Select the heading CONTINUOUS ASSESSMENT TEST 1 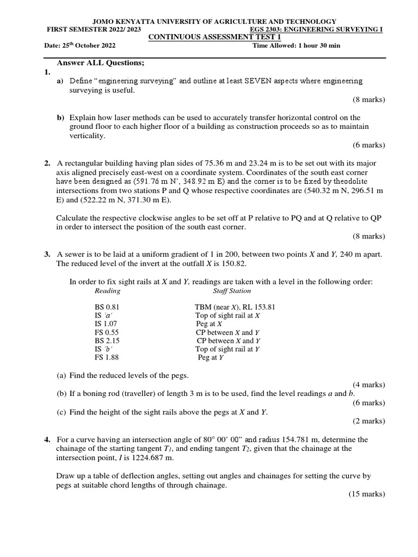pyautogui.click(x=215, y=37)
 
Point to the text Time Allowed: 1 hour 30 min pyautogui.click(x=296, y=46)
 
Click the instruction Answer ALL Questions pyautogui.click(x=101, y=63)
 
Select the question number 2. pyautogui.click(x=47, y=163)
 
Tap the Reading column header pyautogui.click(x=107, y=291)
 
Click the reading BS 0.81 pyautogui.click(x=107, y=307)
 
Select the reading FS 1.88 pyautogui.click(x=107, y=357)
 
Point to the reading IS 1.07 pyautogui.click(x=106, y=324)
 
